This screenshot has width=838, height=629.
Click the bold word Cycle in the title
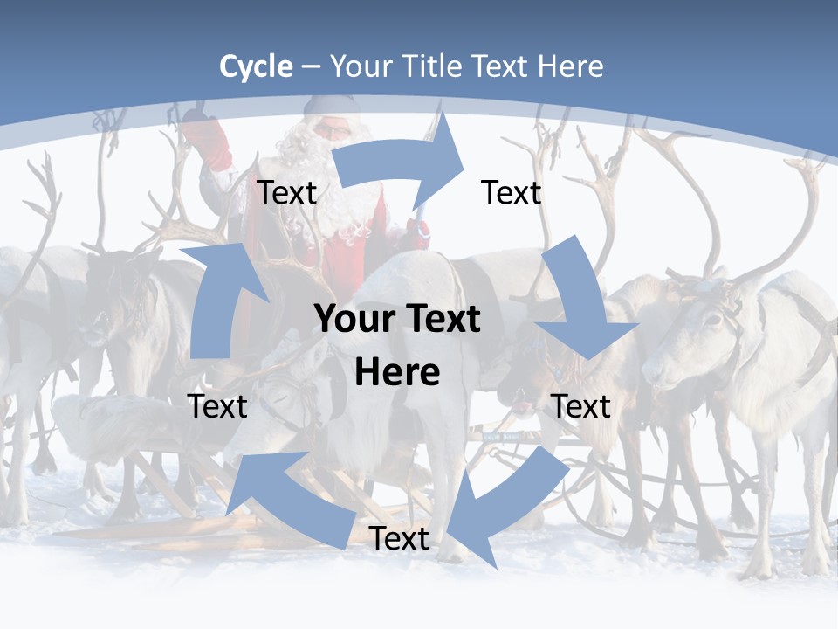[256, 66]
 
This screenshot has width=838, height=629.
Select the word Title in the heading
[432, 66]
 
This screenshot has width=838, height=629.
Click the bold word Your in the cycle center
[355, 320]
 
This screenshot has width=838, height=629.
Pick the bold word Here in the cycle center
[397, 372]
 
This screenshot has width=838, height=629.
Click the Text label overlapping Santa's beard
[286, 193]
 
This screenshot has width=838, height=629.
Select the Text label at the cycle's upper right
[512, 193]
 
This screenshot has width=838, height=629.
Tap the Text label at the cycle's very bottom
[399, 539]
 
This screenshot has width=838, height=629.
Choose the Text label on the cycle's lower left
[217, 406]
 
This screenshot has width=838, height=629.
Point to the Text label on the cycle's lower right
[581, 406]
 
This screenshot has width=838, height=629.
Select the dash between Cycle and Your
[312, 66]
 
